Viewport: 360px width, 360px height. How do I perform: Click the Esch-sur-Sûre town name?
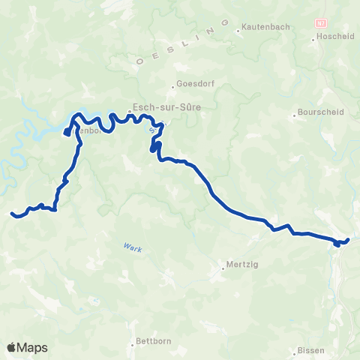tap(161, 106)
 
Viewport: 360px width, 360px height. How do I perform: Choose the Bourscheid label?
tap(319, 115)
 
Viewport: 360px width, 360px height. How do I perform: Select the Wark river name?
tap(131, 247)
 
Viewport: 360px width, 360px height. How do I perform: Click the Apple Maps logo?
tap(27, 347)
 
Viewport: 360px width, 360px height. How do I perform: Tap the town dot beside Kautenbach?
tap(238, 30)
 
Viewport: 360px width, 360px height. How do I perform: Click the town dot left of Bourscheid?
tap(295, 115)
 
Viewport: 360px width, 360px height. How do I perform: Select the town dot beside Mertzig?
tap(224, 264)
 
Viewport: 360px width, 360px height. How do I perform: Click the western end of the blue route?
tap(12, 214)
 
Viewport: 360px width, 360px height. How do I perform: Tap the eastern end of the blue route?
tap(347, 240)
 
